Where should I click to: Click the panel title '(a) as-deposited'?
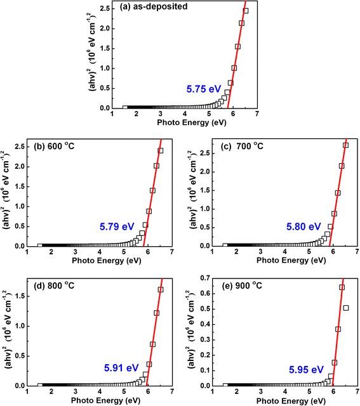point(154,8)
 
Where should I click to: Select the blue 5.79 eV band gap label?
point(116,226)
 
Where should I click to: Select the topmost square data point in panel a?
point(246,11)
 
